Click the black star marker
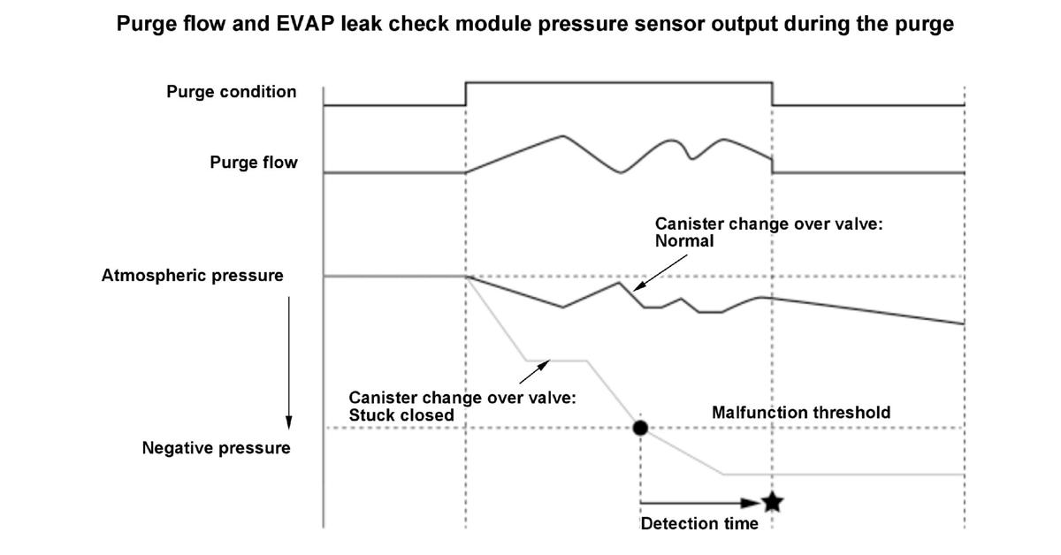(773, 502)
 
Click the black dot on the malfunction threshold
(640, 428)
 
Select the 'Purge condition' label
(231, 91)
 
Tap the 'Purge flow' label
(254, 163)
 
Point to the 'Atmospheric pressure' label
(193, 275)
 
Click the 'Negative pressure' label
(216, 447)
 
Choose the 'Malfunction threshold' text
(801, 413)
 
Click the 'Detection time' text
(699, 523)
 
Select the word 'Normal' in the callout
(684, 241)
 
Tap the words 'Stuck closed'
(401, 415)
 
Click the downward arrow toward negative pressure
(289, 362)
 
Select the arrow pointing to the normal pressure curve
(660, 273)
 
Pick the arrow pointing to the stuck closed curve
(535, 372)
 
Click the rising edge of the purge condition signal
(466, 94)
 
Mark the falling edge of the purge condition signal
(772, 94)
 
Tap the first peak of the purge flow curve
(562, 136)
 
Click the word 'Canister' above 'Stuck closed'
(381, 398)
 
